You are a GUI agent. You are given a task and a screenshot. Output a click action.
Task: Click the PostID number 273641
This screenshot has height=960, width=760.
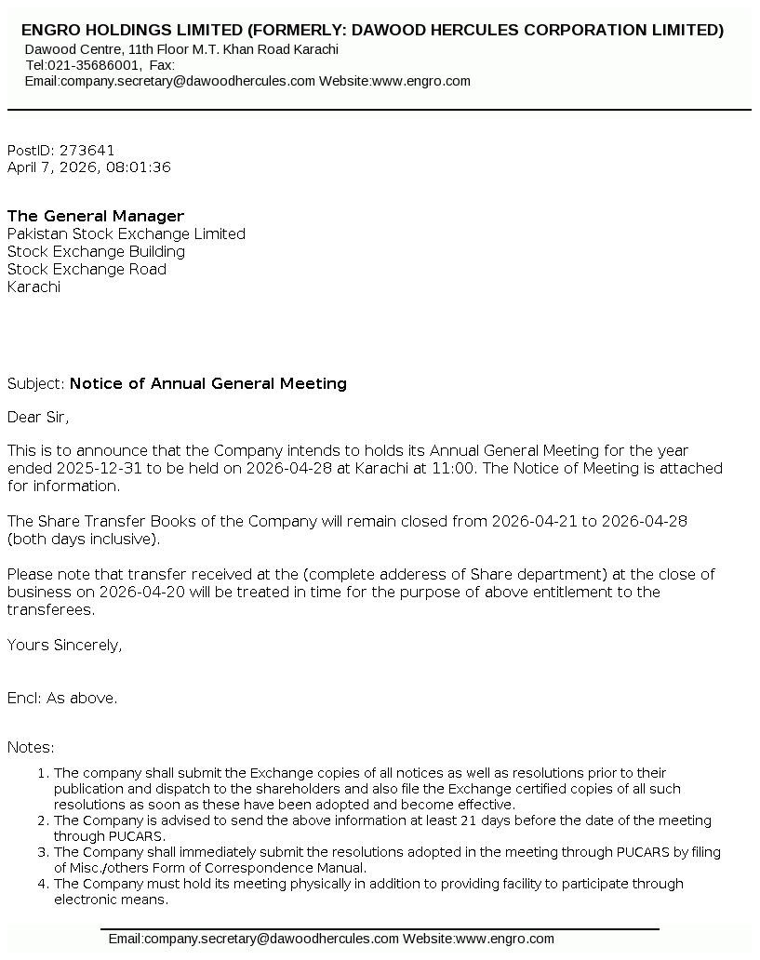(x=87, y=150)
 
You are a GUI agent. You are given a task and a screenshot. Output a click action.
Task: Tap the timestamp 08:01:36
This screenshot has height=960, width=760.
(x=139, y=167)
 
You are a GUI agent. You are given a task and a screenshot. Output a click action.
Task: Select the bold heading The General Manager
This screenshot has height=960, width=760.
(x=96, y=216)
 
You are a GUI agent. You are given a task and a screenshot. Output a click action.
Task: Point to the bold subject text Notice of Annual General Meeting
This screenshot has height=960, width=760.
(x=208, y=383)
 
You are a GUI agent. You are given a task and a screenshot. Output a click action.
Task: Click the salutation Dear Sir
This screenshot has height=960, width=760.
(x=38, y=417)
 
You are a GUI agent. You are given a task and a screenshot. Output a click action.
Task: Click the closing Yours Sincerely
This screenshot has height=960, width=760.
(x=64, y=645)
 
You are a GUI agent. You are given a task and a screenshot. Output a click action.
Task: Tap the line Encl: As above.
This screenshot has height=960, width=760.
(x=62, y=698)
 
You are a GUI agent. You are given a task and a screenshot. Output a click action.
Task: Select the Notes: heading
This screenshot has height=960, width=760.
(x=31, y=747)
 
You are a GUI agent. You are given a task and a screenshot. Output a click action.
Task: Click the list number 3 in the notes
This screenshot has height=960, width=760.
(x=42, y=852)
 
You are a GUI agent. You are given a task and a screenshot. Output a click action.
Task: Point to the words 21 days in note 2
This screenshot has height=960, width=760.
(x=504, y=820)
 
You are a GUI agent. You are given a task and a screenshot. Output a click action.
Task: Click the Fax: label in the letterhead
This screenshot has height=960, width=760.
(x=162, y=65)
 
